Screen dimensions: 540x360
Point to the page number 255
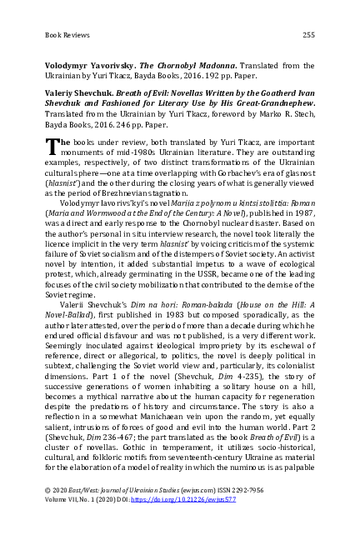(x=307, y=34)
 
